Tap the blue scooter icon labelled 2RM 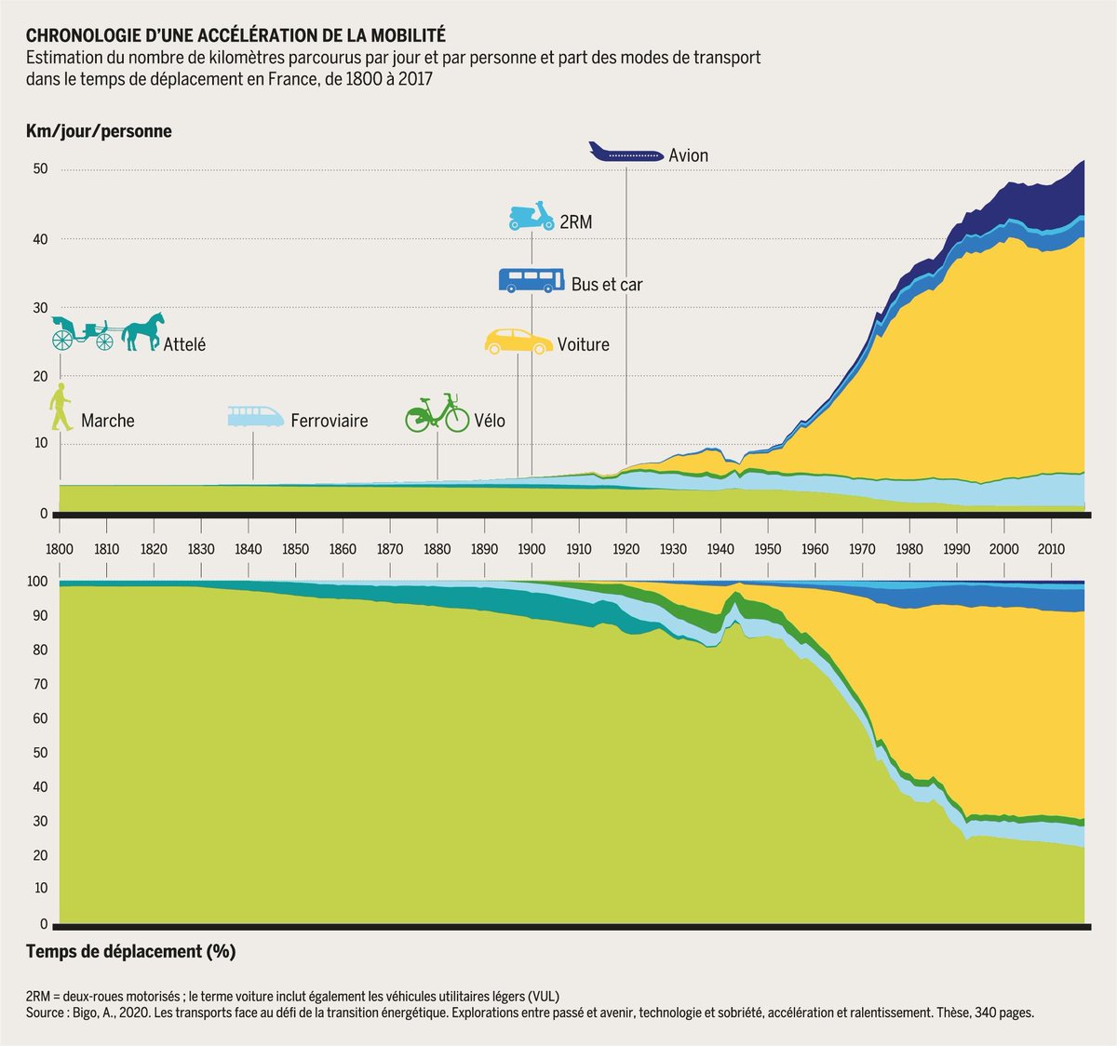tap(532, 217)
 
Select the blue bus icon tap(532, 280)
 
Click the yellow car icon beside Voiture tap(518, 342)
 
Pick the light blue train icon tap(256, 416)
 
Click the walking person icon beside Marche tap(61, 408)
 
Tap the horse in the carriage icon tap(142, 331)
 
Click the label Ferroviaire tap(329, 421)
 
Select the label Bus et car tap(606, 285)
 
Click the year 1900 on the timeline tap(532, 549)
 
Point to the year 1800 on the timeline tap(60, 549)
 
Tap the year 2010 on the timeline tap(1051, 549)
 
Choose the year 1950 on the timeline tap(767, 549)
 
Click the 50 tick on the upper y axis tap(40, 169)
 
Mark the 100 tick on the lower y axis tap(37, 582)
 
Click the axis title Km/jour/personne tap(99, 131)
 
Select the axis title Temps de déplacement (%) tap(130, 951)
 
